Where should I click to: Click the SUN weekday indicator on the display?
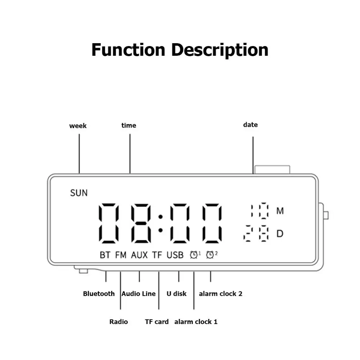[x=79, y=193]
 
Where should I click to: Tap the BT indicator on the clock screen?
[x=105, y=255]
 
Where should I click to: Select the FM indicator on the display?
[x=121, y=255]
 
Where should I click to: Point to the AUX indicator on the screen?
[x=139, y=255]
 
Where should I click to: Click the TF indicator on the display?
[x=157, y=255]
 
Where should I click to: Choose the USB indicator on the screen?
[x=175, y=255]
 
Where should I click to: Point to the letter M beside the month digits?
[x=280, y=211]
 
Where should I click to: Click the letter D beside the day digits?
[x=280, y=234]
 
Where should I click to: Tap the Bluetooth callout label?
[x=99, y=294]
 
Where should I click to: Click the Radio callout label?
[x=118, y=322]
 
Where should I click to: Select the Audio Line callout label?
[x=139, y=294]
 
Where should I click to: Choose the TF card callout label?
[x=157, y=322]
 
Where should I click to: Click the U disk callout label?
[x=176, y=294]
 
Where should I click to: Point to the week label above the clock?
[x=78, y=126]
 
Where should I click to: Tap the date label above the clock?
[x=251, y=125]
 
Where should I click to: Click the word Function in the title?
[x=129, y=50]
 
